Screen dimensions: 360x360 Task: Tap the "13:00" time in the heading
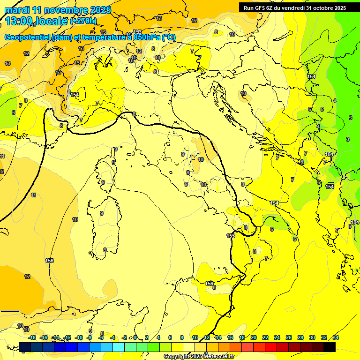point(18,21)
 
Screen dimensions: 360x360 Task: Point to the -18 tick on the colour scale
point(31,337)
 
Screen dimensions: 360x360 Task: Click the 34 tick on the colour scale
point(335,337)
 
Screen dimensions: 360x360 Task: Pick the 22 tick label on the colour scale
point(265,337)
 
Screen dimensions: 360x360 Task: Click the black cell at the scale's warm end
point(330,347)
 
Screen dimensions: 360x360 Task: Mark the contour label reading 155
point(231,236)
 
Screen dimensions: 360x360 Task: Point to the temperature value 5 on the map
point(322,109)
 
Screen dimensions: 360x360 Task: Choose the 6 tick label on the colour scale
point(170,337)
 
